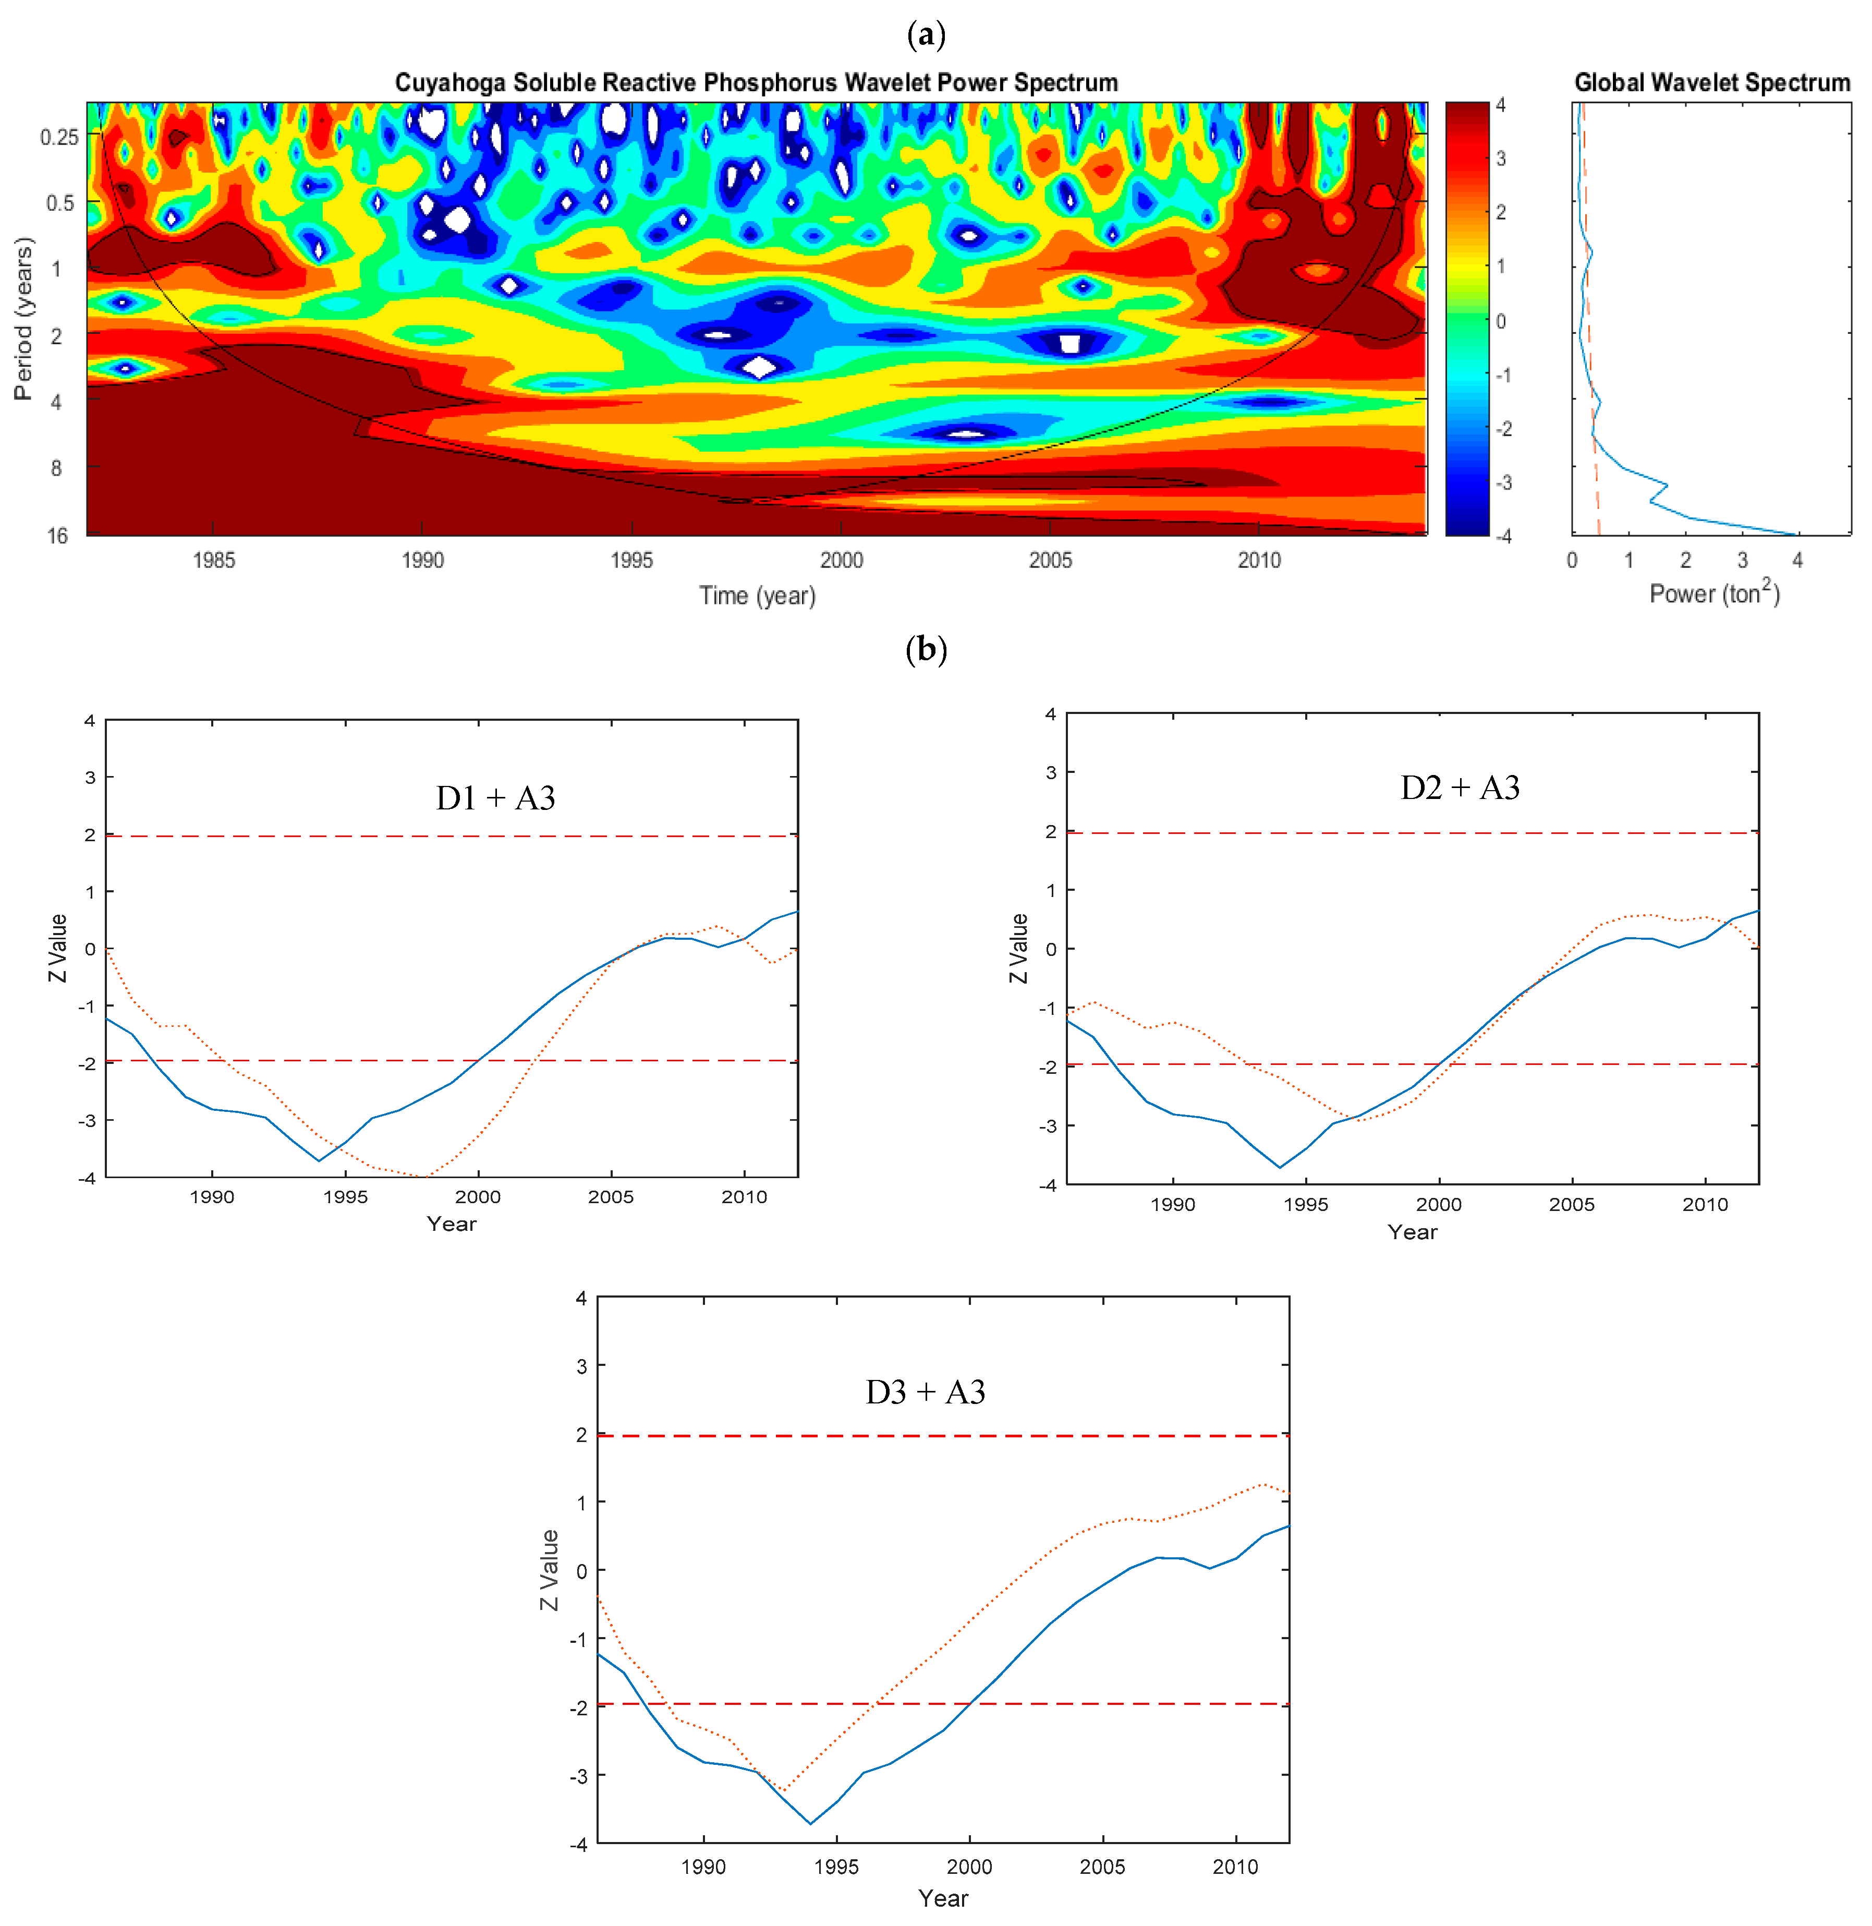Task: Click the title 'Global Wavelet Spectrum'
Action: click(x=1712, y=82)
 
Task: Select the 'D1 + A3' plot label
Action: click(x=495, y=797)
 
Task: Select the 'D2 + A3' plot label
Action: click(x=1460, y=788)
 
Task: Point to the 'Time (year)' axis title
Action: click(x=757, y=596)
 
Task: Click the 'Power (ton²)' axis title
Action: click(x=1713, y=593)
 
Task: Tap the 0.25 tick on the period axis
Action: click(x=59, y=137)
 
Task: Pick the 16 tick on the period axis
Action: click(x=57, y=536)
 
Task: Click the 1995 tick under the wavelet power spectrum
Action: click(x=631, y=561)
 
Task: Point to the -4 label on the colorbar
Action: click(x=1503, y=536)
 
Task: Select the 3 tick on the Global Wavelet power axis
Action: click(x=1742, y=561)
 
